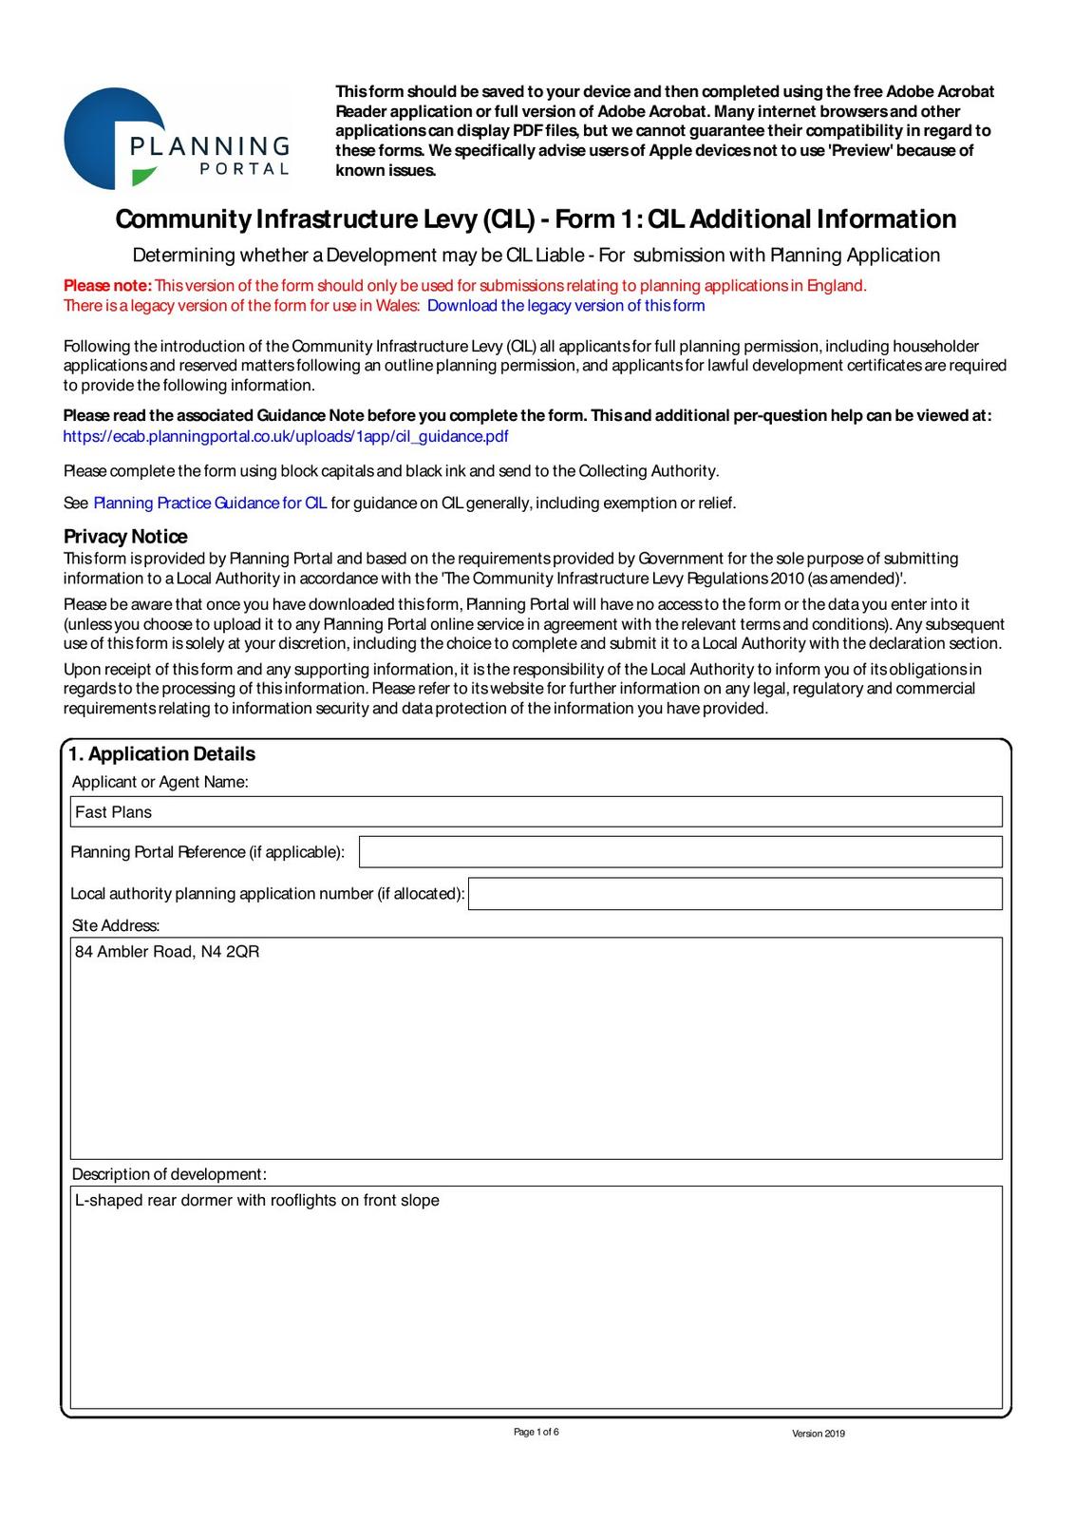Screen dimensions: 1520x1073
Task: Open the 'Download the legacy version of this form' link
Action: point(566,306)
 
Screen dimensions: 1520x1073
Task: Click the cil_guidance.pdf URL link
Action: point(286,436)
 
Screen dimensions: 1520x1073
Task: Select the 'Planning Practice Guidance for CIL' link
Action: point(210,503)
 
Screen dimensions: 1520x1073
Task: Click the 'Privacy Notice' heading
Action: point(125,536)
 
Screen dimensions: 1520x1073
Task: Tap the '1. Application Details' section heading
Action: point(161,754)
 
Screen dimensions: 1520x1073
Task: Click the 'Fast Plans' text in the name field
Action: point(113,812)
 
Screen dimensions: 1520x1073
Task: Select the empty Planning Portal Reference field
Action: point(680,852)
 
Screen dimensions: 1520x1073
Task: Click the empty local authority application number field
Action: point(735,894)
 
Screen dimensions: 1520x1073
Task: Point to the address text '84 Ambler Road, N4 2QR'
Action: point(167,952)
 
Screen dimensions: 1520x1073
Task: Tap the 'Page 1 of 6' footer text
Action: point(536,1433)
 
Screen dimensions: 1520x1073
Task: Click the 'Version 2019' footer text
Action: point(818,1434)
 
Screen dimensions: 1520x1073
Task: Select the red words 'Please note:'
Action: point(107,286)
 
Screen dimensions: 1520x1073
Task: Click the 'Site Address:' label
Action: point(116,925)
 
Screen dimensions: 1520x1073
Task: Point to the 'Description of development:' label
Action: point(169,1174)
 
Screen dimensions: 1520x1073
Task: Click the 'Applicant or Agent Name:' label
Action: point(160,782)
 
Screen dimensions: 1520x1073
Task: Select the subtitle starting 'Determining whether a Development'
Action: point(536,256)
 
